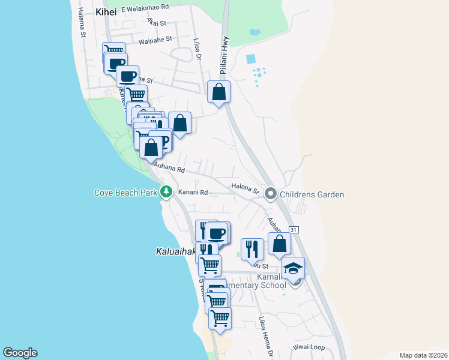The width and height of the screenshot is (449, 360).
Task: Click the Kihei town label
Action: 108,11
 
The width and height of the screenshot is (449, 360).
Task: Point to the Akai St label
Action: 156,23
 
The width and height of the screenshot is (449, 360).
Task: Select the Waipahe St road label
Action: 155,41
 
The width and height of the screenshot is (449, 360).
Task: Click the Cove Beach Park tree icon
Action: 166,193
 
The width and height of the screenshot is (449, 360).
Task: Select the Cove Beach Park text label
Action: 125,193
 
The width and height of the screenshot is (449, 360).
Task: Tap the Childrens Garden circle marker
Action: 270,194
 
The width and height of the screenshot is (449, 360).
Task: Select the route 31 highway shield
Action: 294,230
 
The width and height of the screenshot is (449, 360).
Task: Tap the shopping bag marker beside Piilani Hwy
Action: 218,92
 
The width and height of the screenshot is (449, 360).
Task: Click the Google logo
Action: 20,353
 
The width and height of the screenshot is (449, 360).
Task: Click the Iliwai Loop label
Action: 309,347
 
